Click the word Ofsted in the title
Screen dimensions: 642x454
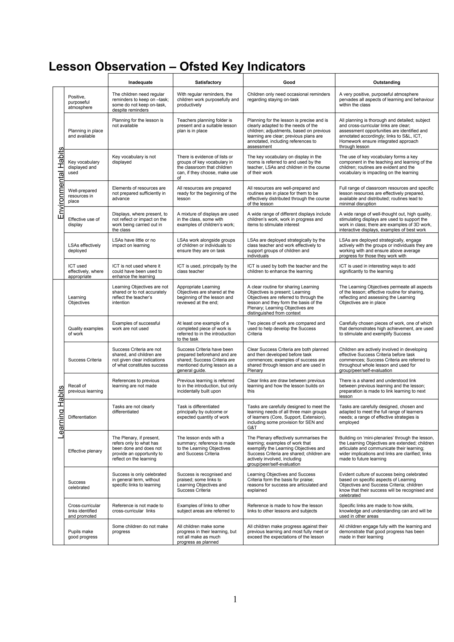pos(199,66)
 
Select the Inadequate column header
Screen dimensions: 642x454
pos(140,82)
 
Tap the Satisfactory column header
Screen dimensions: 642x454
pos(208,82)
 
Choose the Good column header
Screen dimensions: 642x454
pos(289,82)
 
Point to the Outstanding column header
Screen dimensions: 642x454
pos(387,82)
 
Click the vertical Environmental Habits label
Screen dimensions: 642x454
pos(61,183)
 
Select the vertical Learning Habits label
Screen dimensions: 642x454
pos(61,412)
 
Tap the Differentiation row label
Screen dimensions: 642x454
pos(82,417)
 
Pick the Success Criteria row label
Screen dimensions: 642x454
pos(85,360)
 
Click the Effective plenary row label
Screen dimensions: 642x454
pos(85,451)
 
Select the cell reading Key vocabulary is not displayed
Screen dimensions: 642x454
pos(134,159)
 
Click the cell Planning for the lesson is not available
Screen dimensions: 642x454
pos(138,123)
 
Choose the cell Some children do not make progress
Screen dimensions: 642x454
pos(140,529)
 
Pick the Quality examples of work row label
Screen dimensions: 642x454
pos(86,331)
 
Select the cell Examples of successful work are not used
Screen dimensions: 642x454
pos(136,326)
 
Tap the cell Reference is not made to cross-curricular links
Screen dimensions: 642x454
pos(138,508)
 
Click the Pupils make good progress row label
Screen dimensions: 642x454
pos(82,534)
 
